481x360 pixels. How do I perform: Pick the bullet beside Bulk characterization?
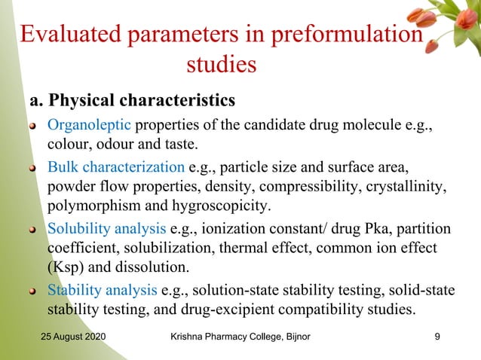33,167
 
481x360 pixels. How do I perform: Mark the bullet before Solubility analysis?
33,230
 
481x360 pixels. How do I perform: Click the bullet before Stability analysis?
33,291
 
